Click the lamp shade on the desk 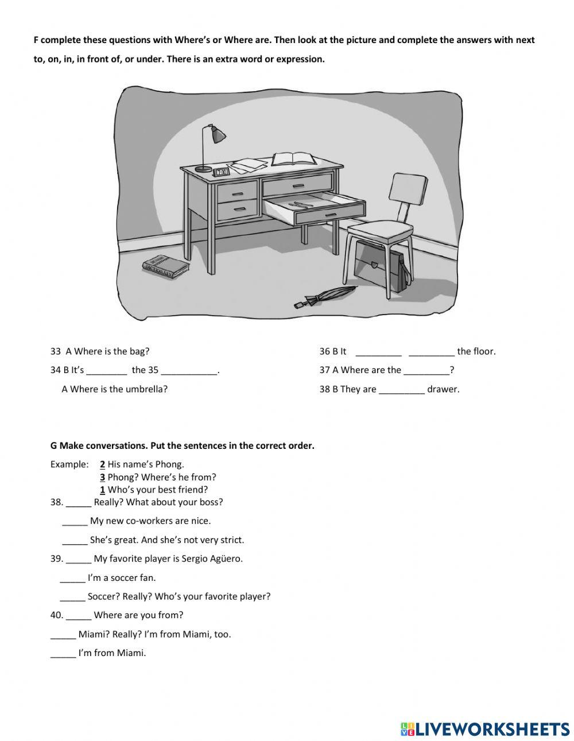(x=218, y=135)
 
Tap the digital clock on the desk (x=221, y=171)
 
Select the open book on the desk (x=294, y=158)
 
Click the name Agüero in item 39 (x=224, y=558)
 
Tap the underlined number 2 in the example (x=102, y=464)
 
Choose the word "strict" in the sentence (x=231, y=540)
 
